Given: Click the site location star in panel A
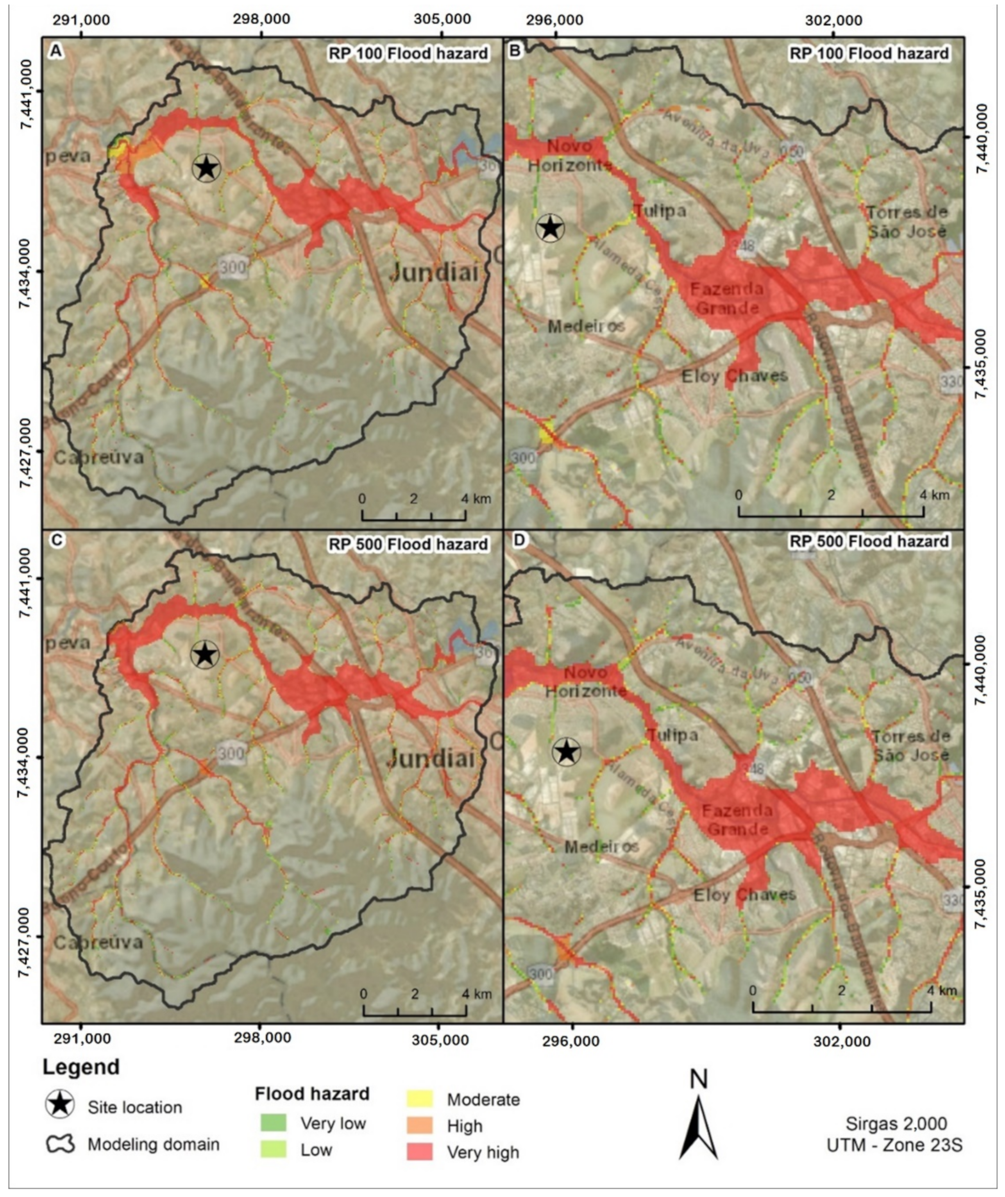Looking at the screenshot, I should (206, 168).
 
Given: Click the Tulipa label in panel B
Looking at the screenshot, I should (660, 211).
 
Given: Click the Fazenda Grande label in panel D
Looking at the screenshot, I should (737, 819).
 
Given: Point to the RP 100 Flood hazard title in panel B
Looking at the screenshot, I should (869, 54).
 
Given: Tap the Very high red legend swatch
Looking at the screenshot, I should (419, 1152).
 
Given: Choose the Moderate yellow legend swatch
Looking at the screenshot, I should (419, 1099).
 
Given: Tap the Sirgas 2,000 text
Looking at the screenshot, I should (896, 1124).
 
